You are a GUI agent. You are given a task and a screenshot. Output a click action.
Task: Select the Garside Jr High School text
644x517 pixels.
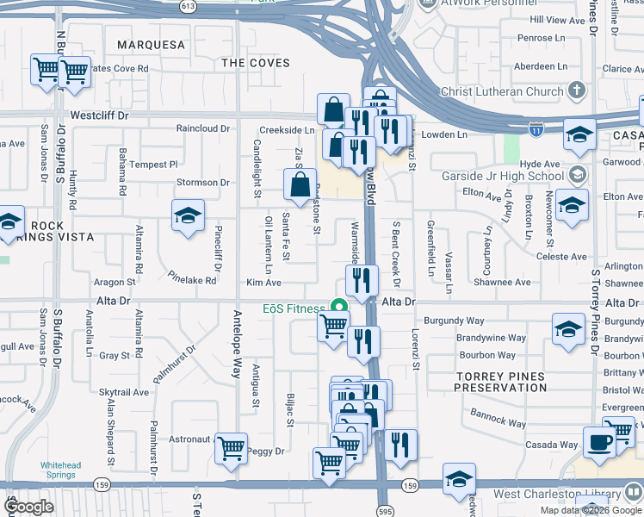point(515,177)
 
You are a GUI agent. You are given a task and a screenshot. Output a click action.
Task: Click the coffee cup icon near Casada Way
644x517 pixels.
point(599,442)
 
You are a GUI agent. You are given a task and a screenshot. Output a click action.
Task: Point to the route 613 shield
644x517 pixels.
point(188,5)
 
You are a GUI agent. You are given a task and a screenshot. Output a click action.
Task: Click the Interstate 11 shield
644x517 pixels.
point(536,128)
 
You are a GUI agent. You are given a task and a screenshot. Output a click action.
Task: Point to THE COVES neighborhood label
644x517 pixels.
point(256,63)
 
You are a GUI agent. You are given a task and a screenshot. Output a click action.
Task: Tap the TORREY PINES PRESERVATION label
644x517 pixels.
point(500,383)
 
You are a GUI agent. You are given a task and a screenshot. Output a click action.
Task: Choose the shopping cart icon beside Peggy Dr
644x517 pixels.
point(231,448)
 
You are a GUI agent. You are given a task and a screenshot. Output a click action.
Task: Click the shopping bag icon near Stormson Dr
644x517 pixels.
point(299,184)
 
